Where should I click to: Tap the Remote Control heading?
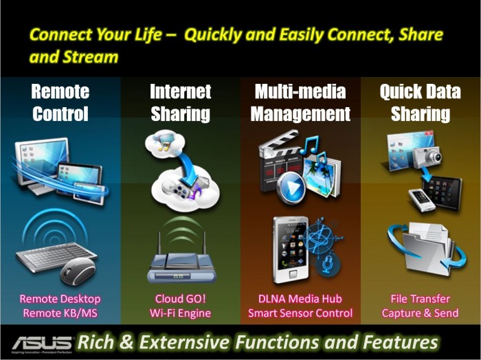[60, 103]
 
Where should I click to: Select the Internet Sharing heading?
[180, 103]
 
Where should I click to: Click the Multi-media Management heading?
[300, 103]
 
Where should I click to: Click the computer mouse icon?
[78, 271]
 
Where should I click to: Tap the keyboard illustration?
[43, 258]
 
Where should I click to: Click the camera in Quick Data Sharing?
[430, 155]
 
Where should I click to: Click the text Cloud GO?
[181, 299]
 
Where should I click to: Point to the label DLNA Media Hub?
[300, 299]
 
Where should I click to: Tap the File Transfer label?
[421, 299]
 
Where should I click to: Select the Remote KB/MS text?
[60, 313]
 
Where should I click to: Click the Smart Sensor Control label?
[300, 313]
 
